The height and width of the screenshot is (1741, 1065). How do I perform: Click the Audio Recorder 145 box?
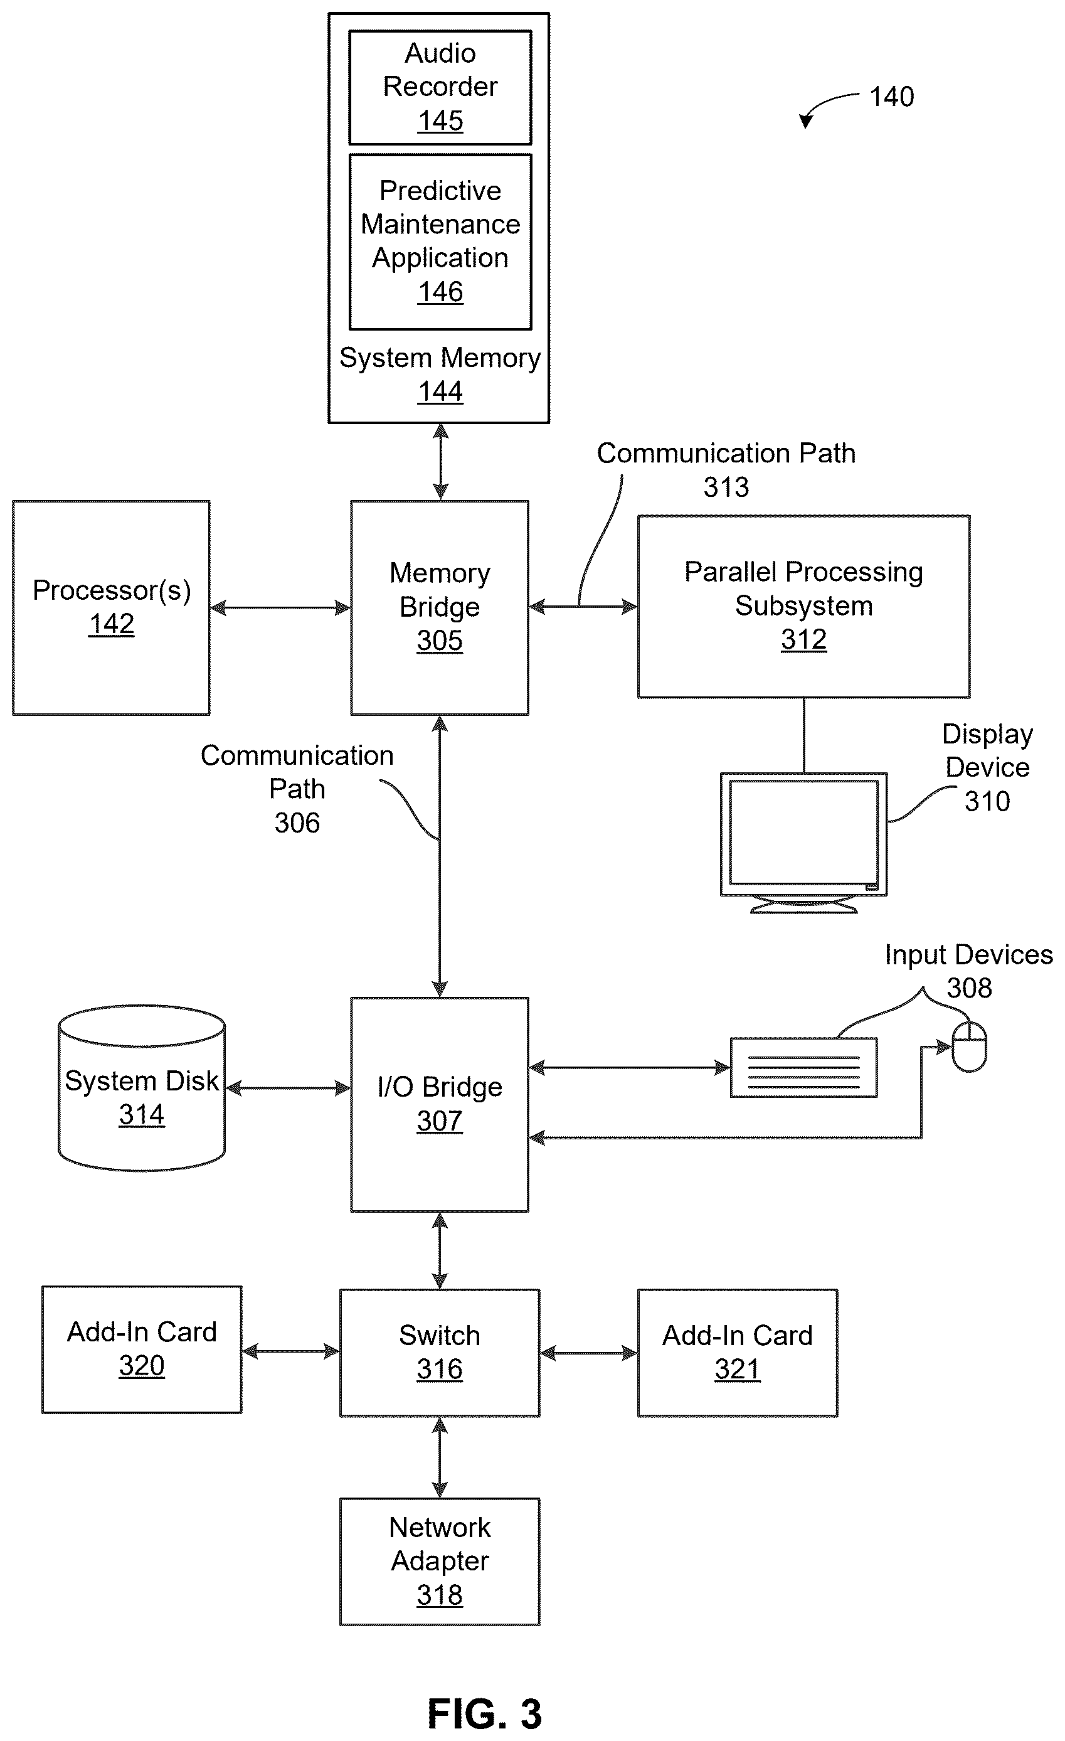pyautogui.click(x=440, y=87)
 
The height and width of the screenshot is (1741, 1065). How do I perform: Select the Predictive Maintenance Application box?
pyautogui.click(x=440, y=242)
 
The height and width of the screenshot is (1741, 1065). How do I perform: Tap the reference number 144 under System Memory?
pyautogui.click(x=440, y=391)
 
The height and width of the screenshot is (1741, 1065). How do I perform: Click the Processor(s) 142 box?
pyautogui.click(x=111, y=608)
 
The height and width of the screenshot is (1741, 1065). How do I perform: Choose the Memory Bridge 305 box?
pyautogui.click(x=439, y=608)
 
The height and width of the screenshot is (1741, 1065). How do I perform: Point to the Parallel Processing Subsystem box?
pyautogui.click(x=803, y=606)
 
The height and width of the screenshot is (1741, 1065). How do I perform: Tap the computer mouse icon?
pyautogui.click(x=970, y=1046)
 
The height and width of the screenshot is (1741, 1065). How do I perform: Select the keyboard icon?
pyautogui.click(x=803, y=1067)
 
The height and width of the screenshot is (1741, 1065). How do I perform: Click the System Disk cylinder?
pyautogui.click(x=141, y=1088)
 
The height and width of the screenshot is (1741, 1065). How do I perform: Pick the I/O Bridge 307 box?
pyautogui.click(x=439, y=1104)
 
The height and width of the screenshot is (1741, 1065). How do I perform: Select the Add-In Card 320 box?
pyautogui.click(x=141, y=1349)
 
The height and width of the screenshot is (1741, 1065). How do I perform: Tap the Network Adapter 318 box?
pyautogui.click(x=439, y=1562)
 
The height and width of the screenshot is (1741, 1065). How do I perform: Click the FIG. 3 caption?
pyautogui.click(x=484, y=1713)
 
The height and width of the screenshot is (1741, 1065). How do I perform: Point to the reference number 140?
pyautogui.click(x=891, y=97)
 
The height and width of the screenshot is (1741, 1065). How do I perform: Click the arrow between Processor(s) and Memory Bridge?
pyautogui.click(x=280, y=608)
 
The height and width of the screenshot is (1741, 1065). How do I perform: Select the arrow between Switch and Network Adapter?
pyautogui.click(x=439, y=1457)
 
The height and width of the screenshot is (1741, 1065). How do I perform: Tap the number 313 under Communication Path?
pyautogui.click(x=726, y=487)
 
